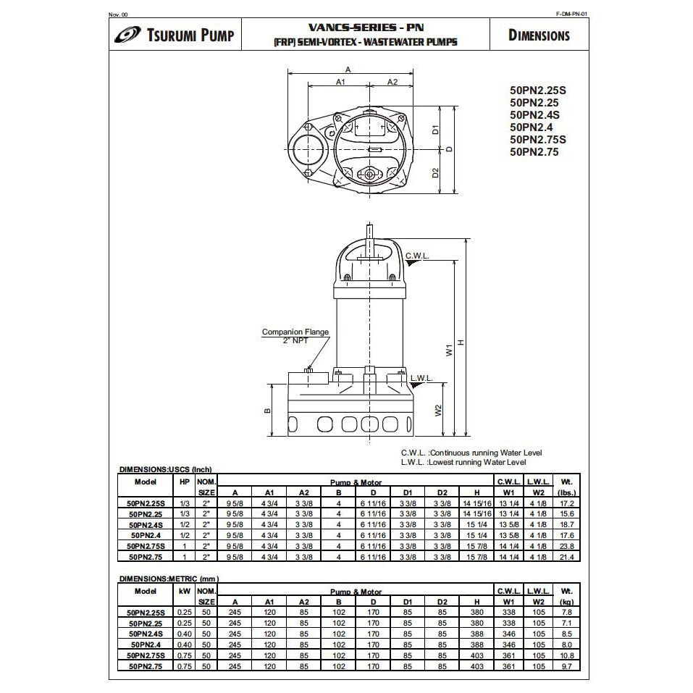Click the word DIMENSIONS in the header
tap(539, 35)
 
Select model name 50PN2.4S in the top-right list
tap(534, 114)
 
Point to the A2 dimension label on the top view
tap(392, 83)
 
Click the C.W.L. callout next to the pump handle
tap(418, 256)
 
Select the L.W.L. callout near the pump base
tap(421, 378)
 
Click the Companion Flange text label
tap(295, 332)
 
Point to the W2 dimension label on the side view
tap(439, 410)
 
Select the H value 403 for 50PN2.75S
tap(476, 655)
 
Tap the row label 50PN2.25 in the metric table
tap(146, 622)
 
